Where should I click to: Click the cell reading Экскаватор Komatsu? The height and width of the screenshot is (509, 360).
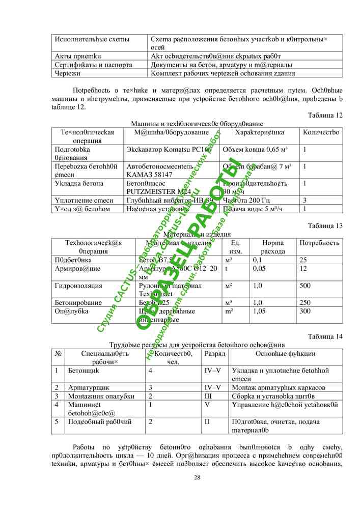coord(162,150)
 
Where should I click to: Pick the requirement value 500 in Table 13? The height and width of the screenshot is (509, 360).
coord(305,286)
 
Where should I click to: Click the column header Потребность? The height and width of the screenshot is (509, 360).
coord(319,243)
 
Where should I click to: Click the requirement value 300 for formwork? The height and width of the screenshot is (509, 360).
coord(305,311)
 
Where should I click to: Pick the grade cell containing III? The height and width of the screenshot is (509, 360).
coord(208,397)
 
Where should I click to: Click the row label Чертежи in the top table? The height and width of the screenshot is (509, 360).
coord(67,73)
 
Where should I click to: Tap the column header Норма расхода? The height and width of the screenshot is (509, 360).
coord(273,247)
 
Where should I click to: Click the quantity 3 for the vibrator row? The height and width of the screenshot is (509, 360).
coord(304,200)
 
